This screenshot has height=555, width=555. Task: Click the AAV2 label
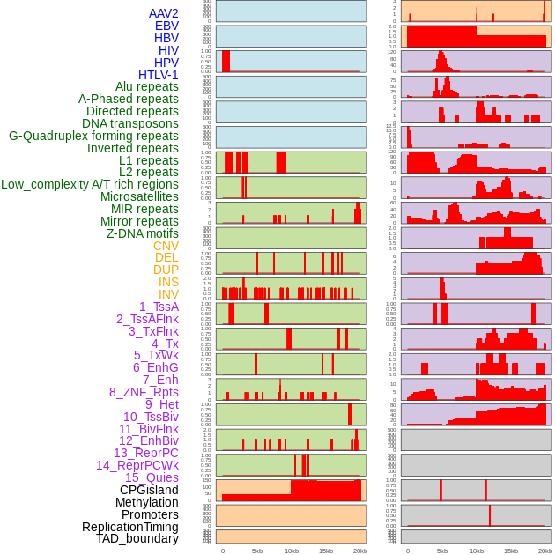[164, 13]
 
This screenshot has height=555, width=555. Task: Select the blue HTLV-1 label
[159, 75]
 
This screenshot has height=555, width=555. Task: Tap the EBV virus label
[166, 26]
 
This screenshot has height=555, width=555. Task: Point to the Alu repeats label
[147, 86]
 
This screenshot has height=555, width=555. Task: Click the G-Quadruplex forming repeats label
[93, 136]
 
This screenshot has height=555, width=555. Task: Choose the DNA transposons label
[130, 123]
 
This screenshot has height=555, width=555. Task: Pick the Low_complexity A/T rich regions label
[90, 184]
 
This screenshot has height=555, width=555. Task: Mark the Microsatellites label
[139, 196]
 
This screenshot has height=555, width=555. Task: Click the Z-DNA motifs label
[143, 233]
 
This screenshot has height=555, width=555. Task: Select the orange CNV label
[166, 246]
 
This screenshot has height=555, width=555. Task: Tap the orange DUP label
[166, 270]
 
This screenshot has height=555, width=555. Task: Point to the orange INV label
[168, 294]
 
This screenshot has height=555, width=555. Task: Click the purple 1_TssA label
[159, 307]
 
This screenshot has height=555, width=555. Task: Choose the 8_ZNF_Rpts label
[144, 392]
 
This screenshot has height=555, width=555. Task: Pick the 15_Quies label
[152, 477]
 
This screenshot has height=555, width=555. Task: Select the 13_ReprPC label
[146, 453]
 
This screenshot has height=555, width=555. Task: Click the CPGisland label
[149, 490]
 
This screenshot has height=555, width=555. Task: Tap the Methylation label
[141, 502]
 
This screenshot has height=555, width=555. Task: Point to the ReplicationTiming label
[130, 527]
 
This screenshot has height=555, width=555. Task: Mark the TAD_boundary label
[137, 538]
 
